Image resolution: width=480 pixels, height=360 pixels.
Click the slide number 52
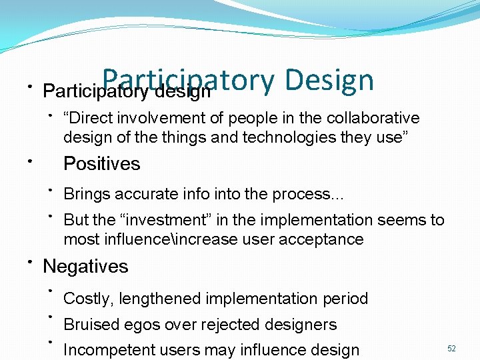[x=451, y=349]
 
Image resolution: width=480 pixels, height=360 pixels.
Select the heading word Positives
[x=101, y=164]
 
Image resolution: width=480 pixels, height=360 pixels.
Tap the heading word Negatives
[x=85, y=267]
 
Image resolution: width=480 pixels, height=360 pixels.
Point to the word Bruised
[x=90, y=325]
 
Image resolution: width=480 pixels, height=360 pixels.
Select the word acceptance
[x=323, y=239]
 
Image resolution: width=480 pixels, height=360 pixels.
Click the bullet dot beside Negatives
[x=30, y=261]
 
